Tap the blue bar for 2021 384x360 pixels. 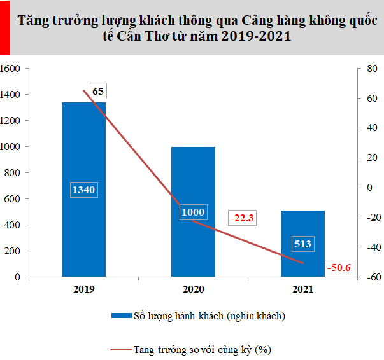click(x=302, y=261)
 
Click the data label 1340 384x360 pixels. click(x=83, y=190)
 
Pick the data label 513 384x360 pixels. click(x=302, y=243)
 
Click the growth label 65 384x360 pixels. click(x=98, y=91)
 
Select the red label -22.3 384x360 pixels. click(x=242, y=218)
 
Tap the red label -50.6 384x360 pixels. click(x=339, y=267)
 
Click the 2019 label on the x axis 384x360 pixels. click(x=83, y=289)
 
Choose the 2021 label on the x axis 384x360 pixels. click(x=302, y=289)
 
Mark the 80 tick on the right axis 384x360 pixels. click(x=362, y=68)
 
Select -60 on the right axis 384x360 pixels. click(x=364, y=277)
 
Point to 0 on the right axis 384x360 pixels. click(x=360, y=188)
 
